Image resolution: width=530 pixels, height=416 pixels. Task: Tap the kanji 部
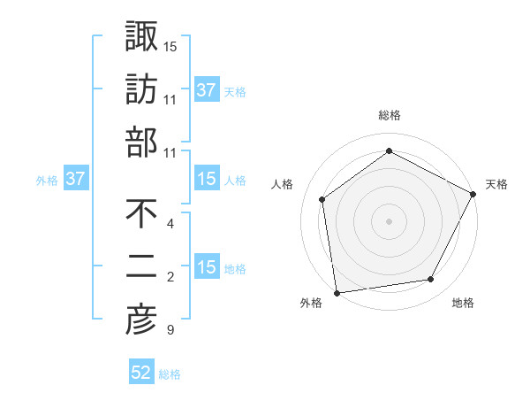141,142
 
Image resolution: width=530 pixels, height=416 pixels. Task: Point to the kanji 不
141,214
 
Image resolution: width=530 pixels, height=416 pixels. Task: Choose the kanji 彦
141,320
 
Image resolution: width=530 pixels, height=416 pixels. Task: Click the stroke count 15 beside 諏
170,45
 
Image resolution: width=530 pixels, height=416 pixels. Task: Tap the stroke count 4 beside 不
170,224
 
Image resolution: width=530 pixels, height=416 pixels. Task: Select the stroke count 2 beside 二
170,278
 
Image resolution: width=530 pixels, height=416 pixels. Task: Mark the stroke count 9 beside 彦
170,331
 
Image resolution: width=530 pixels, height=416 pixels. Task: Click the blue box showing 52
141,373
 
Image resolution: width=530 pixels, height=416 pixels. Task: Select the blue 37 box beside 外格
76,179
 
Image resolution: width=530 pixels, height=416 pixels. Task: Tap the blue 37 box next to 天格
207,89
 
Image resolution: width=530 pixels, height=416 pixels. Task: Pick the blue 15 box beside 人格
207,179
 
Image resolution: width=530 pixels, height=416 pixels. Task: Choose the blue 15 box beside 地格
207,267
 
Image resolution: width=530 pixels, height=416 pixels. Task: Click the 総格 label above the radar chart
389,115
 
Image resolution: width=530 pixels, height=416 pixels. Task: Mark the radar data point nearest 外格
337,292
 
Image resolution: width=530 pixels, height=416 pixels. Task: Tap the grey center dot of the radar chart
389,220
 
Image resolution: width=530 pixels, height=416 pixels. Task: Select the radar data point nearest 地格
431,280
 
